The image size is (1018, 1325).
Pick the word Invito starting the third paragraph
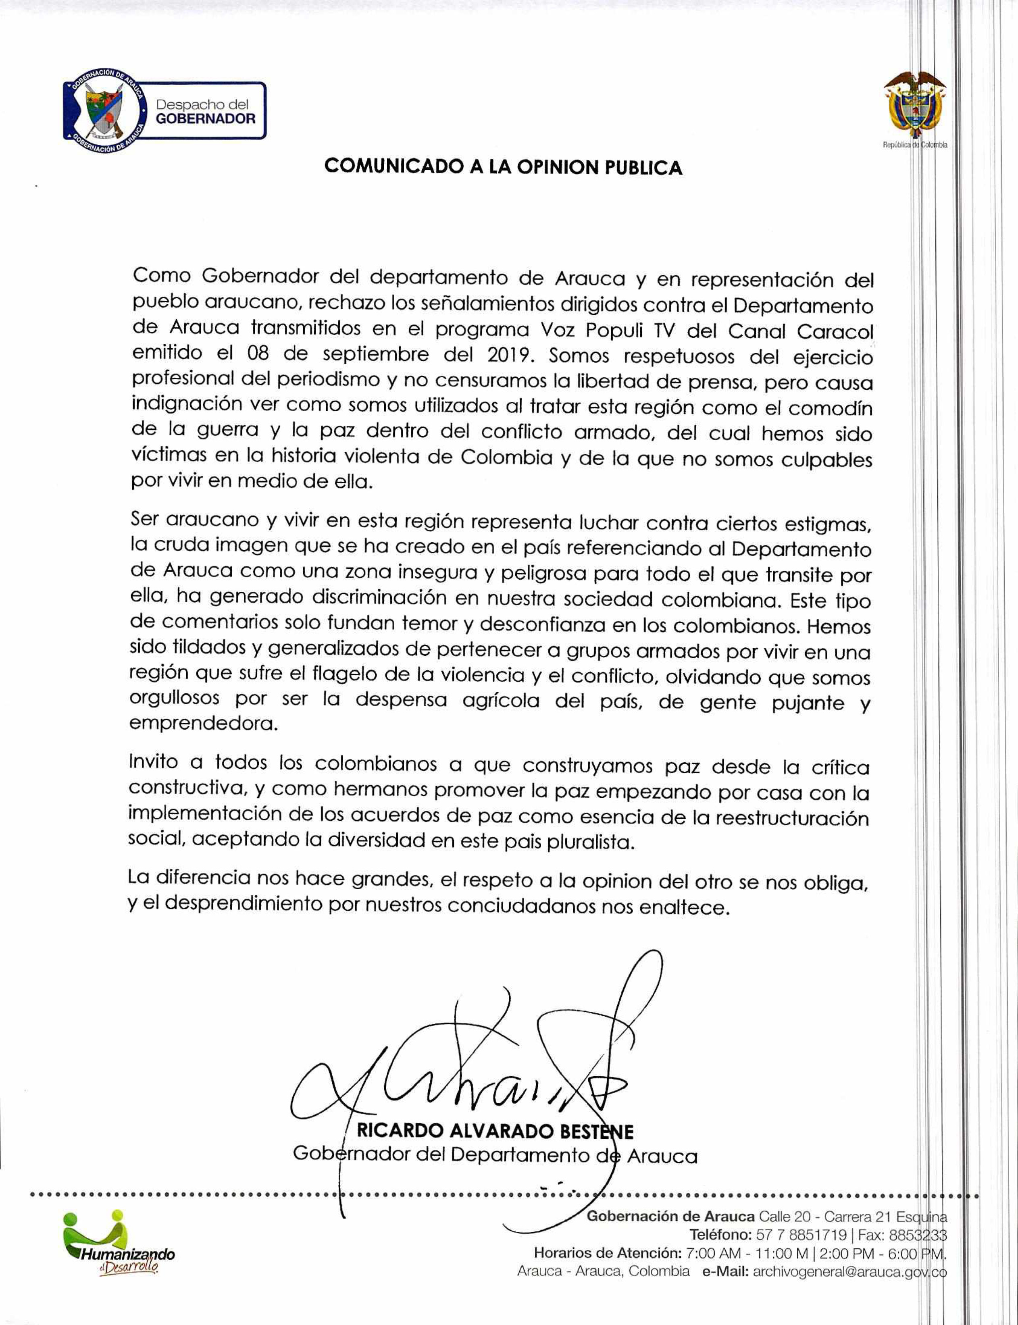[153, 763]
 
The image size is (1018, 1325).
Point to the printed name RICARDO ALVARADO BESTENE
[495, 1131]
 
